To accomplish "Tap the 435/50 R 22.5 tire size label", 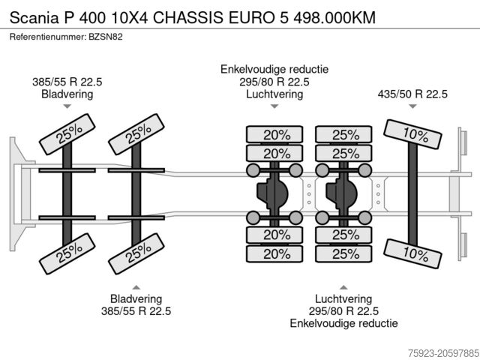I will point(412,94).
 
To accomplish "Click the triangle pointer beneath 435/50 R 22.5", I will point(412,108).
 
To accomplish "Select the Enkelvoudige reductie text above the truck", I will point(274,69).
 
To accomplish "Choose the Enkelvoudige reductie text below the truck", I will point(343,323).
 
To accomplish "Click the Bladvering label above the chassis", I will point(67,94).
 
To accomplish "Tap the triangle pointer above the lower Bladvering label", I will point(136,287).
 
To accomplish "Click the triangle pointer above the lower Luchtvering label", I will point(343,287).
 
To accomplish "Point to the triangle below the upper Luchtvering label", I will point(274,108).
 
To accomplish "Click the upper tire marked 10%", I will point(411,136).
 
